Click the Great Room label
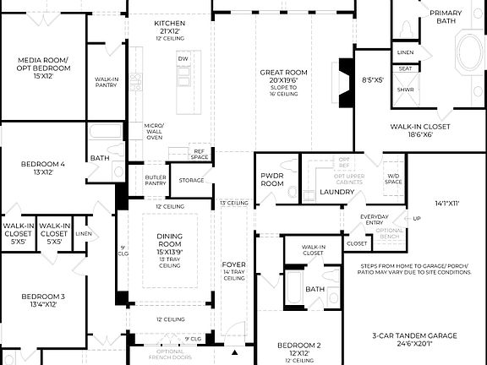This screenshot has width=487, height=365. pos(278,74)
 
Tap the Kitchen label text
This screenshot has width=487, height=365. pos(170,23)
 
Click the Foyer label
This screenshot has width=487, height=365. pos(234,265)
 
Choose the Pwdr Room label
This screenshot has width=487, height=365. pos(272,179)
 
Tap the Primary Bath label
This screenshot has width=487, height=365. pos(446,18)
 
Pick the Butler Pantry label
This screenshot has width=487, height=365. pos(155,179)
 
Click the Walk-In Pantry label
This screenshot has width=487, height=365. pos(107,81)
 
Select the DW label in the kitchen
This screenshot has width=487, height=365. pos(183,58)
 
